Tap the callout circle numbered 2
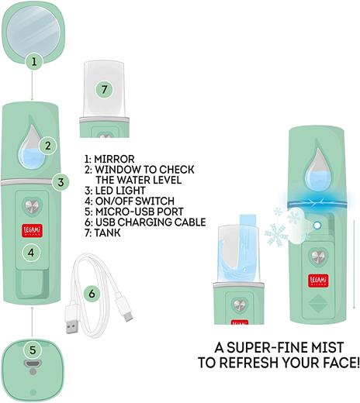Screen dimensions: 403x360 [48, 145]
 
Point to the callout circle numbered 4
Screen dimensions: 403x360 [31, 251]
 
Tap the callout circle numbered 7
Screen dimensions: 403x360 [106, 90]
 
